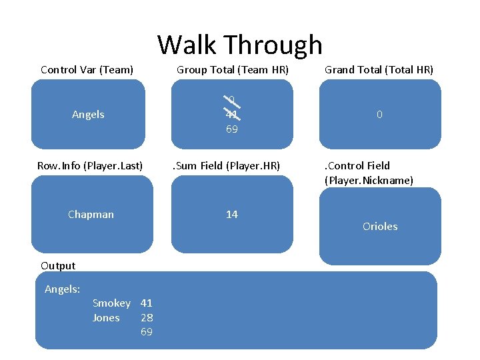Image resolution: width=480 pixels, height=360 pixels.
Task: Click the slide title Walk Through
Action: click(239, 45)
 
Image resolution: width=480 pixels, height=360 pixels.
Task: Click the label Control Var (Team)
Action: click(87, 69)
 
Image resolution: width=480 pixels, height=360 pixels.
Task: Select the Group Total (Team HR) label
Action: click(232, 69)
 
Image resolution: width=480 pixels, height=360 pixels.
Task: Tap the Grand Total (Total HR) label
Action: click(379, 69)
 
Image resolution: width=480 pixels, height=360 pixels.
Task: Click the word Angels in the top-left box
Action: click(88, 115)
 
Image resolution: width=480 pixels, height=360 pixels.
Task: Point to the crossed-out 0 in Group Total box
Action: click(231, 101)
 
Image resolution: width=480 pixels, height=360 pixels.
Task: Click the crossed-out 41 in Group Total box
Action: click(231, 115)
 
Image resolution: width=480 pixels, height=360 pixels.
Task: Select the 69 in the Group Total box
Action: click(231, 129)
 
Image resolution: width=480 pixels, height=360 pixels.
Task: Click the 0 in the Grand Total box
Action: click(379, 115)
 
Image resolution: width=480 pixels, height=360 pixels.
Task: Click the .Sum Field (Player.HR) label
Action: click(226, 165)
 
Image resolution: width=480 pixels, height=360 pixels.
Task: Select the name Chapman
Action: click(91, 214)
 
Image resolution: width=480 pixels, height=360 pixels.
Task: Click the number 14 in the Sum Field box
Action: click(231, 214)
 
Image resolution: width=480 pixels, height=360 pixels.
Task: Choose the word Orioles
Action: click(380, 226)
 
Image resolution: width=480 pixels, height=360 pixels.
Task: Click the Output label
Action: click(58, 265)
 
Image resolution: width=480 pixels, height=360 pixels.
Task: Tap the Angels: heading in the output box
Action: click(62, 289)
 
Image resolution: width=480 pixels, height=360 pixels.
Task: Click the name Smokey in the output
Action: click(111, 303)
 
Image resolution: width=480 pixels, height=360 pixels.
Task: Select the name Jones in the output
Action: click(106, 317)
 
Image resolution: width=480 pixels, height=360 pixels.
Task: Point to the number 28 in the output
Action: click(147, 317)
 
